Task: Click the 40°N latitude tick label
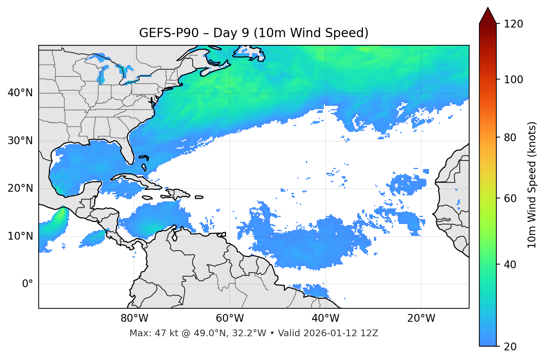point(20,93)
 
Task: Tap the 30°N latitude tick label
point(20,141)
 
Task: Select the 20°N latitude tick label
point(20,188)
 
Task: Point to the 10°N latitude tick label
point(20,236)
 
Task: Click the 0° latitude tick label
point(28,284)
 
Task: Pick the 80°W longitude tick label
point(134,318)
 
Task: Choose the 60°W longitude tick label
point(230,318)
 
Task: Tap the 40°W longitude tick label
point(325,318)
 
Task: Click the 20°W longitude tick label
point(421,318)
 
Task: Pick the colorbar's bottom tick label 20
point(510,347)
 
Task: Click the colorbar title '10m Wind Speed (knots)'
point(532,185)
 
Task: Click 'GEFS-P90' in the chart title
point(169,33)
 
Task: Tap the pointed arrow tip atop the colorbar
point(488,9)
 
